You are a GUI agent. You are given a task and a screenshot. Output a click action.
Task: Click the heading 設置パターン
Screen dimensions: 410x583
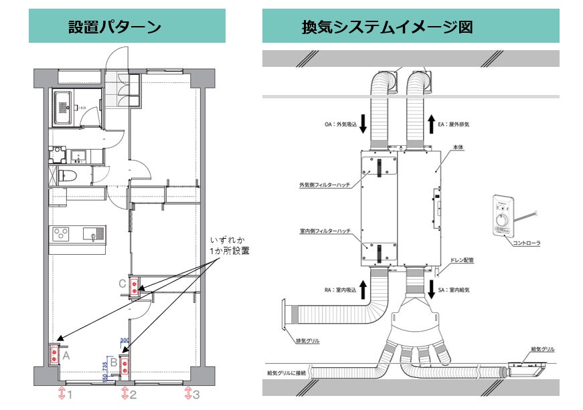click(x=114, y=27)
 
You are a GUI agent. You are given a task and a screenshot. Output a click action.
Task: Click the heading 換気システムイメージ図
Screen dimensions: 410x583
click(x=388, y=27)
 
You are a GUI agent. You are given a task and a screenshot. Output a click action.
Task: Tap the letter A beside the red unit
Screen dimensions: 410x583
click(x=66, y=356)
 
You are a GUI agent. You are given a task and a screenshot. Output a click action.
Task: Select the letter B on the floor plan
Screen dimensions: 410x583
click(x=114, y=363)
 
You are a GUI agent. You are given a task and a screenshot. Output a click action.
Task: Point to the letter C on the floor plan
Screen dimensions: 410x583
click(x=122, y=284)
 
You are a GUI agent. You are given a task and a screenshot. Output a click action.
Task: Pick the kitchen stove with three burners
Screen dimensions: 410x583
click(x=61, y=233)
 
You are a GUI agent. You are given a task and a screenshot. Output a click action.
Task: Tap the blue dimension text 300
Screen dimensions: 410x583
click(x=124, y=340)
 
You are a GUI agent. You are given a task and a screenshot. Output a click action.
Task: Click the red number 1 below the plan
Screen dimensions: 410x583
click(x=70, y=394)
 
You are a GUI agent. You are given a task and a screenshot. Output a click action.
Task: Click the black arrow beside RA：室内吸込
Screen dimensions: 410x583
click(x=362, y=290)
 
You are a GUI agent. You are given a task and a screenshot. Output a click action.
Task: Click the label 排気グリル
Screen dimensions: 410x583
click(x=307, y=341)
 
